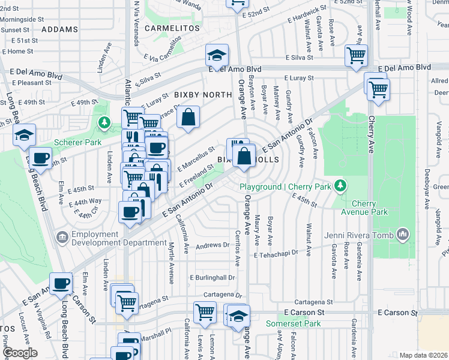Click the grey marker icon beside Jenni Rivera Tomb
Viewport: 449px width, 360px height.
pyautogui.click(x=403, y=233)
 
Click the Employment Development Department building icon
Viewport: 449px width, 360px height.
pyautogui.click(x=62, y=238)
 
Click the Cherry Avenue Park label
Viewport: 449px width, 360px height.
pyautogui.click(x=372, y=208)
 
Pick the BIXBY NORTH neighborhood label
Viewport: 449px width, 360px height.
pyautogui.click(x=203, y=95)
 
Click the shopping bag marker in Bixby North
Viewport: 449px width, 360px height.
pyautogui.click(x=188, y=118)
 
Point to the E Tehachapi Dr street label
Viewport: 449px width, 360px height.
pyautogui.click(x=276, y=254)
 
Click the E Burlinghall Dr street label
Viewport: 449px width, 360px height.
pyautogui.click(x=212, y=278)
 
